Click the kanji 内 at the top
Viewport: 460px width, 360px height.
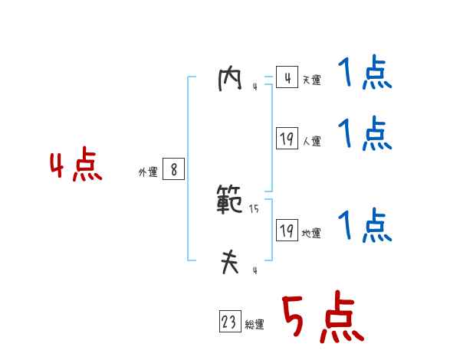[x=230, y=79]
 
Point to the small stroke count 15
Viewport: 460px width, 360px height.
[x=254, y=209]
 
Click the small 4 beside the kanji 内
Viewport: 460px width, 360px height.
[x=255, y=87]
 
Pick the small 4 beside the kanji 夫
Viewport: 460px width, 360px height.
[x=255, y=270]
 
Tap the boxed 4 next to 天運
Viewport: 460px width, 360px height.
[x=287, y=78]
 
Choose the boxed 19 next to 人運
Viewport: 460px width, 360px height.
[x=287, y=139]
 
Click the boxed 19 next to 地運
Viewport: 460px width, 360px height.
[x=287, y=231]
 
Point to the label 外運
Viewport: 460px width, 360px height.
[x=147, y=173]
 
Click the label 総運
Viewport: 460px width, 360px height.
[x=255, y=325]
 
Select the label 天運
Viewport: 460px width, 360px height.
[x=311, y=80]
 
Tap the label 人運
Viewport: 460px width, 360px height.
[x=311, y=141]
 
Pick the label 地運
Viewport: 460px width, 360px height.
[x=311, y=233]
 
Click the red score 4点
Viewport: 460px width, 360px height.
[x=76, y=167]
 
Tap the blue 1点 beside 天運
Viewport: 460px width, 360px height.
[x=365, y=75]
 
